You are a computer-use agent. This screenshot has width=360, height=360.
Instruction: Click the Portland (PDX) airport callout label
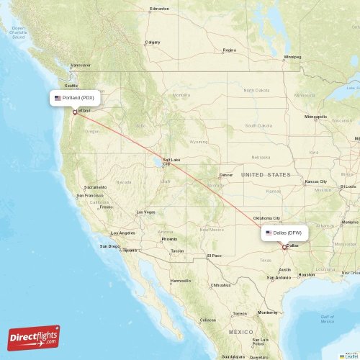(x=74, y=97)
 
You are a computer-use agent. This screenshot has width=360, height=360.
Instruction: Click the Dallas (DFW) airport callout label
(x=286, y=233)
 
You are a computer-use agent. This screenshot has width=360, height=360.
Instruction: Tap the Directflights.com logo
(x=34, y=337)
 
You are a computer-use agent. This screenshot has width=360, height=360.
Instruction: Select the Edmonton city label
(x=158, y=9)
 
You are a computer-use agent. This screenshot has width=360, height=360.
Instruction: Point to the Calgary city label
(x=153, y=42)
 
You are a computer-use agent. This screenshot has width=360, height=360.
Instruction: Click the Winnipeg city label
(x=292, y=56)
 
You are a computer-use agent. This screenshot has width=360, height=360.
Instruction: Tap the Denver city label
(x=226, y=175)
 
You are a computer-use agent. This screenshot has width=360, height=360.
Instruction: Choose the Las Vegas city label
(x=145, y=212)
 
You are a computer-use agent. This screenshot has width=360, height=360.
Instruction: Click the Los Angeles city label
(x=122, y=233)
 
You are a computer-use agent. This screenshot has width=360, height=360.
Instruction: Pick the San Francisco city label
(x=91, y=195)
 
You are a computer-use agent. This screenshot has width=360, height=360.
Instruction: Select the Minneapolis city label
(x=315, y=117)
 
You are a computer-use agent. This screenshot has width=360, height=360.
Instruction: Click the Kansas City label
(x=315, y=181)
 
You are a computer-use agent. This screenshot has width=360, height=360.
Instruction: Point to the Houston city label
(x=307, y=274)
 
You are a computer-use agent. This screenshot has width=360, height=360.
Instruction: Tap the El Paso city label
(x=215, y=256)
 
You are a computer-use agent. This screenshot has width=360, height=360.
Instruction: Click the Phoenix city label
(x=169, y=239)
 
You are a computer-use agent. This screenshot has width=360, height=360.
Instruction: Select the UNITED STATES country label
(x=266, y=175)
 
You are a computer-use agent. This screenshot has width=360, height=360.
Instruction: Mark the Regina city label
(x=230, y=50)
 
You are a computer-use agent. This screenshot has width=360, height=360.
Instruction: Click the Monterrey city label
(x=267, y=312)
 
